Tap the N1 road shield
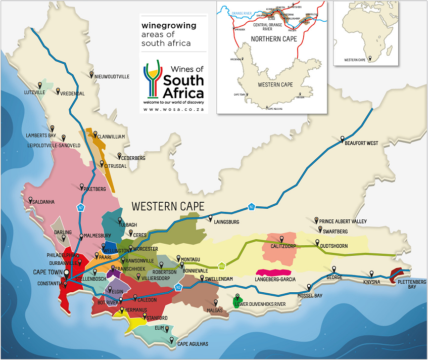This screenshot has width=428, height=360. click(251, 206)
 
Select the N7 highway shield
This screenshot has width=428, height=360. click(80, 207)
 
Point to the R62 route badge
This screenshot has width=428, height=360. click(221, 265)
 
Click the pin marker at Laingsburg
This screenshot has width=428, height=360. click(211, 218)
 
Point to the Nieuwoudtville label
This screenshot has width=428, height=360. click(112, 76)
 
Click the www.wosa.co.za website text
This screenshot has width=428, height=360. click(173, 109)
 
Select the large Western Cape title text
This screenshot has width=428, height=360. click(168, 206)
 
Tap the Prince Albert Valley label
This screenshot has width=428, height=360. click(343, 221)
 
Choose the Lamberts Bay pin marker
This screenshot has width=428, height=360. click(63, 137)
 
